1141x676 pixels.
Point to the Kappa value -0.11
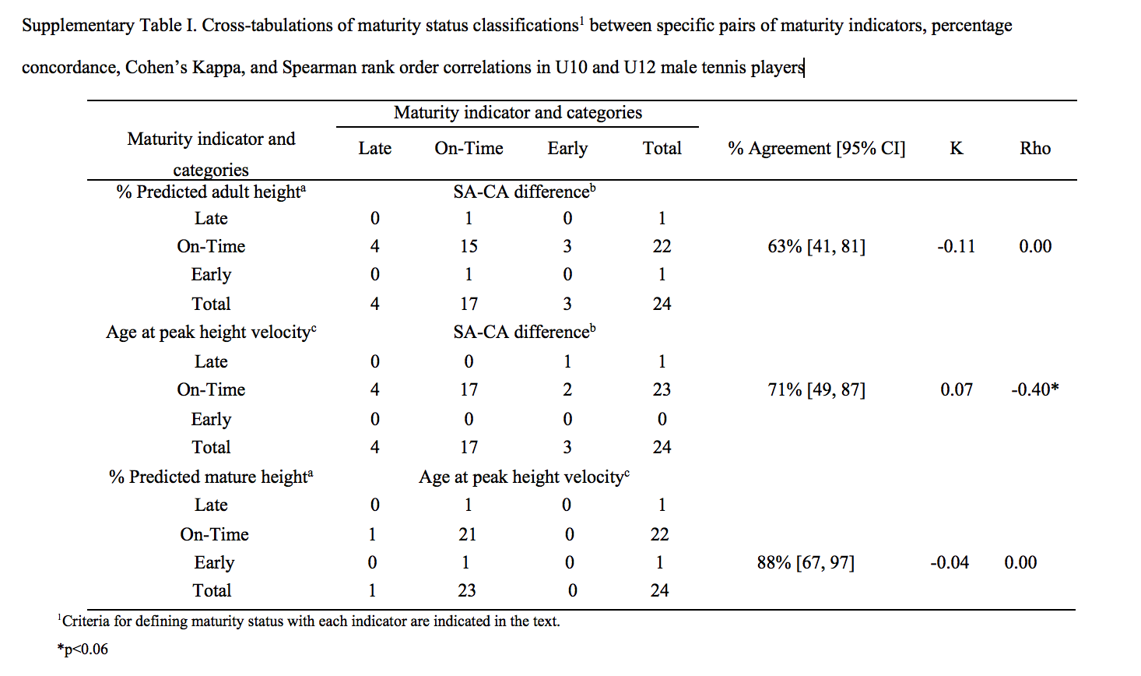coord(956,246)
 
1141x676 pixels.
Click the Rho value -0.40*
coord(1034,389)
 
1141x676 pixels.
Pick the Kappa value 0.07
coord(956,389)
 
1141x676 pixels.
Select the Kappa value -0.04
coord(950,562)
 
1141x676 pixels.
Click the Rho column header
coord(1035,148)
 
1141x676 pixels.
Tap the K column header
coord(956,148)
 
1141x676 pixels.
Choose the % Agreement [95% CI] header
coord(816,148)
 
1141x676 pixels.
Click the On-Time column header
coord(469,148)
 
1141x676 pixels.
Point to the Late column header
coord(375,148)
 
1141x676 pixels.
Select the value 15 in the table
coord(469,246)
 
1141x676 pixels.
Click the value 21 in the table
coord(467,534)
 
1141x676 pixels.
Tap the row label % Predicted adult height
coord(211,192)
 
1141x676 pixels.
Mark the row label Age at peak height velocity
coord(211,332)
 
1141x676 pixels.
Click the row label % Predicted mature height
coord(211,477)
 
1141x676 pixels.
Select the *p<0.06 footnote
coord(83,649)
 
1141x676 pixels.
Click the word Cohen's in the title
coord(156,67)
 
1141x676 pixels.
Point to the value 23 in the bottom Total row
coord(466,590)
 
